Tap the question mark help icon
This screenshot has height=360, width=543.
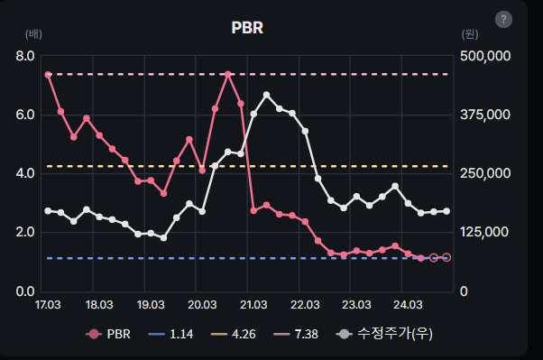[503, 20]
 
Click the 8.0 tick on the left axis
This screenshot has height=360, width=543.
[25, 56]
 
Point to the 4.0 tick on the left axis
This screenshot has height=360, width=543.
[25, 173]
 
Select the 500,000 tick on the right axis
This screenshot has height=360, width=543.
[486, 56]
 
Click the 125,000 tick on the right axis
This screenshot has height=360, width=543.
[486, 232]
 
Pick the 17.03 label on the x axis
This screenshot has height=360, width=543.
[48, 304]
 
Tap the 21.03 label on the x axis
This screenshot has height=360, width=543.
[253, 304]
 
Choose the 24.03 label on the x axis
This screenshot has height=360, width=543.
[408, 304]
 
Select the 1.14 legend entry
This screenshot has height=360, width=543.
[169, 335]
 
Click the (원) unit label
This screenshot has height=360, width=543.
[469, 34]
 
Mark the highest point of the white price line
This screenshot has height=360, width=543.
[266, 95]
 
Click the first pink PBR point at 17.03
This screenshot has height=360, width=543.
[48, 75]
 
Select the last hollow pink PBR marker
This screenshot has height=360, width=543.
[446, 257]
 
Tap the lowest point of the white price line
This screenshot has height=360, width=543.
[163, 237]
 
